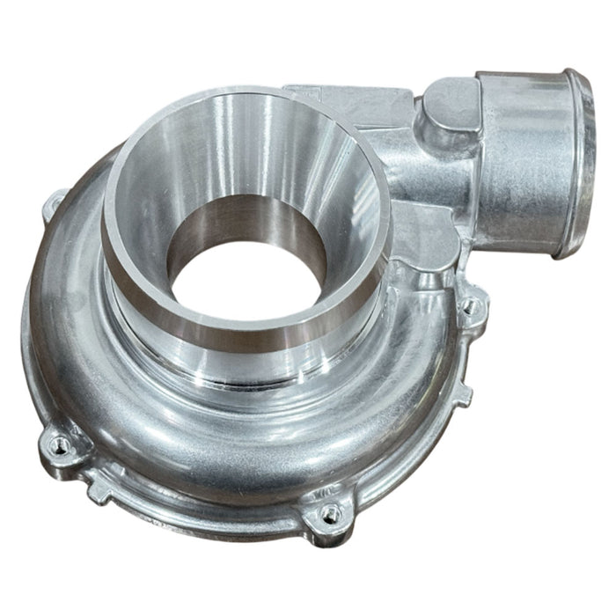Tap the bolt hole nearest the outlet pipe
click(x=472, y=305)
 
